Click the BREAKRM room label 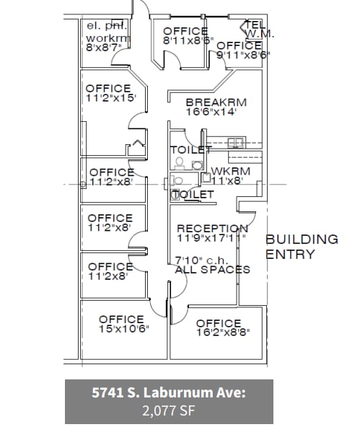click(215, 102)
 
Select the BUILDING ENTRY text click(302, 247)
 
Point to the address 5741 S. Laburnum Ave click(169, 393)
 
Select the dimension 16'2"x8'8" click(219, 333)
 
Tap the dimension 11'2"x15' click(110, 98)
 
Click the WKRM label click(231, 171)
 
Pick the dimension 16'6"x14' click(215, 113)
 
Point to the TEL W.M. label click(257, 28)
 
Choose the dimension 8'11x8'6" click(189, 41)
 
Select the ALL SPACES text click(212, 269)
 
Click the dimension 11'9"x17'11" click(212, 239)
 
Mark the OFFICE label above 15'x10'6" click(121, 319)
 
